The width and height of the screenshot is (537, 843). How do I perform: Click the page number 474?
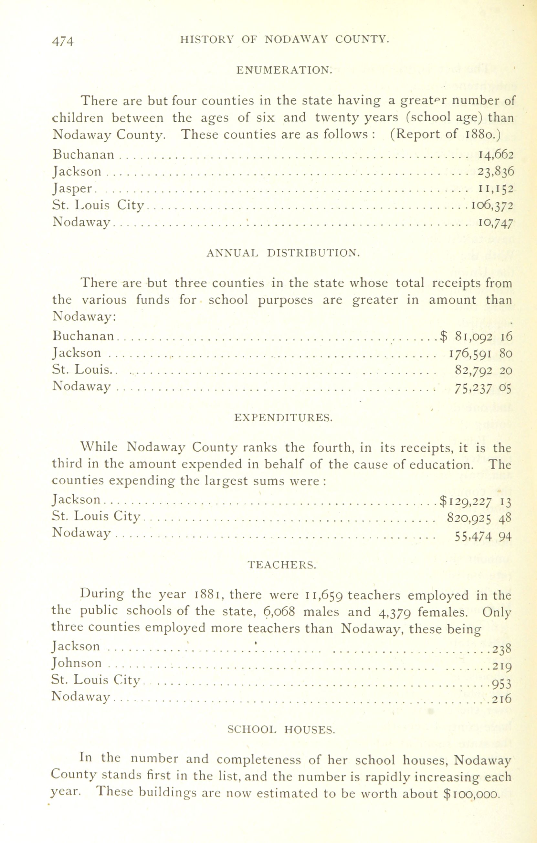click(63, 41)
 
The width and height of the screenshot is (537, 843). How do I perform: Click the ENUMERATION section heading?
click(284, 70)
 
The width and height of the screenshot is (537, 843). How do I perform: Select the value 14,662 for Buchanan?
click(496, 155)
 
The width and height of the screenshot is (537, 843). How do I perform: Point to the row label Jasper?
click(73, 189)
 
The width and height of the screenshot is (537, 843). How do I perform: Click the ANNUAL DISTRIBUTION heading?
click(283, 252)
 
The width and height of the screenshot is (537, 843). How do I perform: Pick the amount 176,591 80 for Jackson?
click(480, 353)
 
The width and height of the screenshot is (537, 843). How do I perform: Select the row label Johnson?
click(76, 663)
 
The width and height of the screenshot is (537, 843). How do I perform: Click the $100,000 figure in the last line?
click(470, 793)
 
